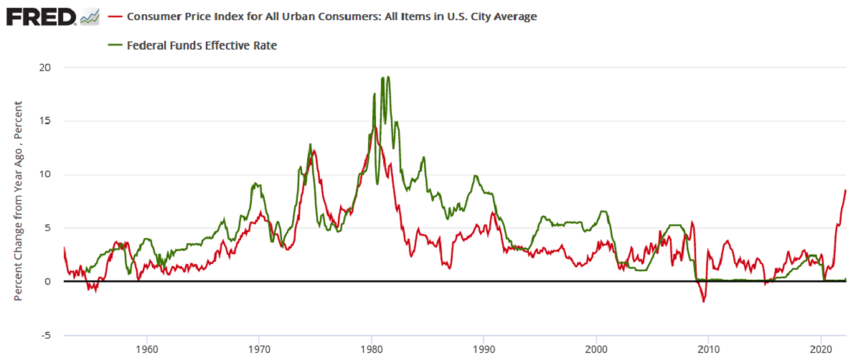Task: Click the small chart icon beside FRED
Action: point(90,16)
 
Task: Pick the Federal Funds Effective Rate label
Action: point(202,45)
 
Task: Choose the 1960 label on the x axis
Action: point(146,349)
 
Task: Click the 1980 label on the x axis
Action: point(372,349)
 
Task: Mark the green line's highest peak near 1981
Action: point(387,77)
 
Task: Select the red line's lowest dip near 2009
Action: point(704,301)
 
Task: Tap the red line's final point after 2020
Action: point(846,190)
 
